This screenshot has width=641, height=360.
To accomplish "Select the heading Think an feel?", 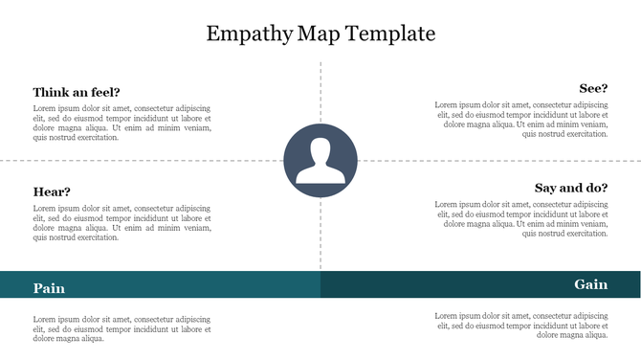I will coord(77,92).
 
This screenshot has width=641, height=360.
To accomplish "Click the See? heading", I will coord(593,88).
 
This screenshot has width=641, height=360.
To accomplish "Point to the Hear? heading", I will coord(52,191).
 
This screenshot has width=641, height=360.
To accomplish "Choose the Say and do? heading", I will coord(570,188).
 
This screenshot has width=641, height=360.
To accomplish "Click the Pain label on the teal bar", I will coord(49,287).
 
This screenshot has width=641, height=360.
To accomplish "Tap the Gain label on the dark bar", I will coord(590,284).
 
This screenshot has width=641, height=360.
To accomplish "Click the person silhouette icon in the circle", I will coord(320,160).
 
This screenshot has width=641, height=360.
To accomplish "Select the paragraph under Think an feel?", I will coord(122,122).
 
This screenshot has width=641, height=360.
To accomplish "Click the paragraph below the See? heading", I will coord(521,119).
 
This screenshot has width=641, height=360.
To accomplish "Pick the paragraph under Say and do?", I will coord(521,219).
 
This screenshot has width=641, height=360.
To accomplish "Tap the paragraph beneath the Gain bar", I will coord(521,326).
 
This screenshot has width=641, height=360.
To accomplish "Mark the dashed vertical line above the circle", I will coord(320,91).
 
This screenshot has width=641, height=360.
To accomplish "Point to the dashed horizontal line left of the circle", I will coord(144,160).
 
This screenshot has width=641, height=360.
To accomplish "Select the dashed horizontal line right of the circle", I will coord(497,160).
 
